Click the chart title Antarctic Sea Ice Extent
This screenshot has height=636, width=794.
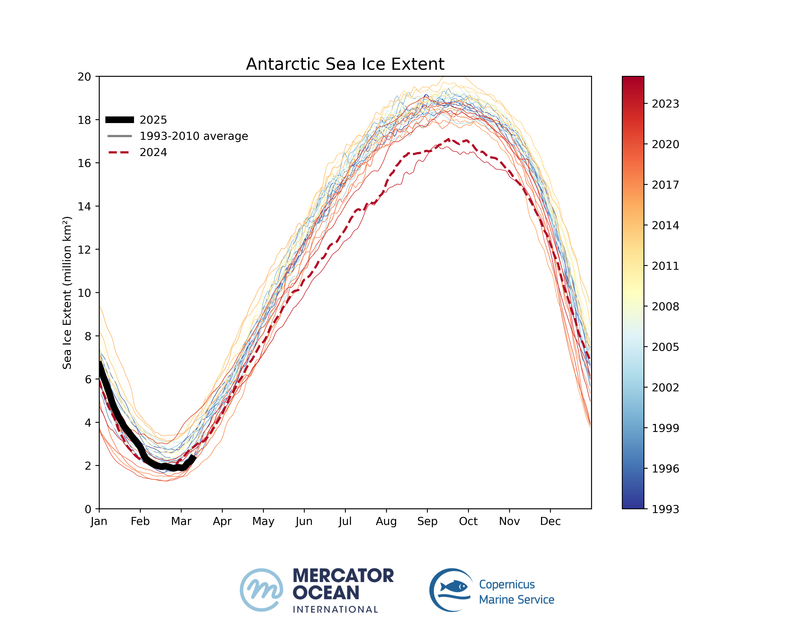point(345,64)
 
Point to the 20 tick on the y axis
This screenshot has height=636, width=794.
point(84,77)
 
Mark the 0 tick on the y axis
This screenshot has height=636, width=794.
point(88,509)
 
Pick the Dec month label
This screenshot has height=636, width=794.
point(550,521)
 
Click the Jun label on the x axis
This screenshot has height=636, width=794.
point(304,521)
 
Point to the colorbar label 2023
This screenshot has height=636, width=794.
point(665,104)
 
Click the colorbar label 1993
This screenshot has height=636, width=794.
point(665,509)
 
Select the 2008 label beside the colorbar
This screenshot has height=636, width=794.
point(665,306)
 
